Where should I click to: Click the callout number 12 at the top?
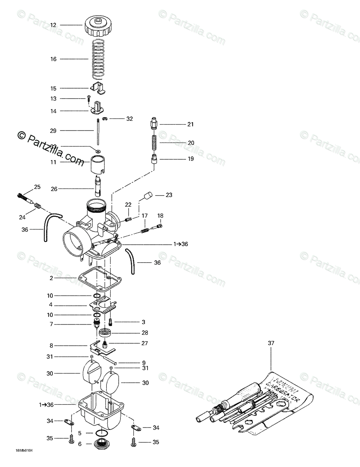pyautogui.click(x=53, y=25)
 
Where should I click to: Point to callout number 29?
pyautogui.click(x=53, y=131)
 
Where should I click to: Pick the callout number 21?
pyautogui.click(x=190, y=124)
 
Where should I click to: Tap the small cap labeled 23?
pyautogui.click(x=147, y=196)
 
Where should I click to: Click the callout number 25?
pyautogui.click(x=37, y=187)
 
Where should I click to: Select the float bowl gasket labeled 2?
pyautogui.click(x=96, y=278)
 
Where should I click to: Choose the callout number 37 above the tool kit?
pyautogui.click(x=271, y=343)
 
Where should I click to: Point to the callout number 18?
pyautogui.click(x=160, y=216)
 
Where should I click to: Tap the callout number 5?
pyautogui.click(x=80, y=433)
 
